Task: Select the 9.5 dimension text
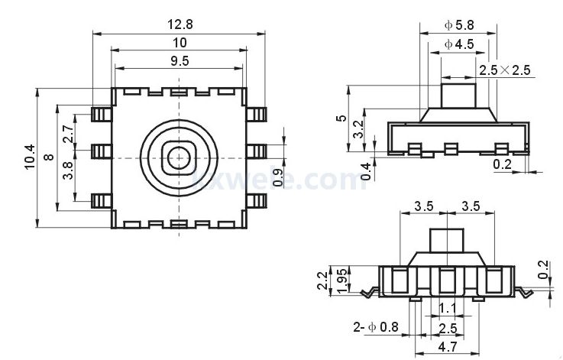pos(180,62)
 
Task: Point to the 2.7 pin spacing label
pos(67,134)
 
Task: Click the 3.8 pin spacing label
pos(67,170)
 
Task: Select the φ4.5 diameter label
pos(459,44)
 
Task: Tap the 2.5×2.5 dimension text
pos(504,70)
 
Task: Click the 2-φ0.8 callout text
pos(377,328)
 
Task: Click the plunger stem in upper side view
pos(459,97)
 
